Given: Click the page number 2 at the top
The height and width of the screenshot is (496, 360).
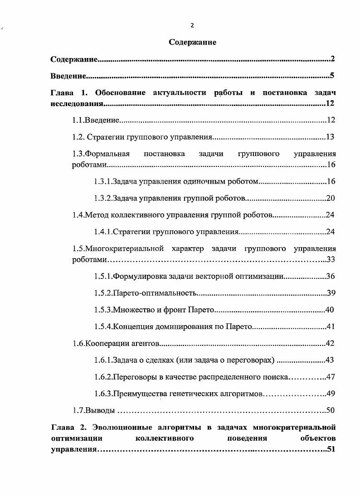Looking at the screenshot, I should point(192,25).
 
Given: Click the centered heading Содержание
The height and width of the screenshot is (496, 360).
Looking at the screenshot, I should point(192,42).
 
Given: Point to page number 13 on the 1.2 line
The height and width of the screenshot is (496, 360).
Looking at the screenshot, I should point(330,137).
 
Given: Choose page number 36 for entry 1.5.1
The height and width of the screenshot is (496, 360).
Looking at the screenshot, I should point(330,277).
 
